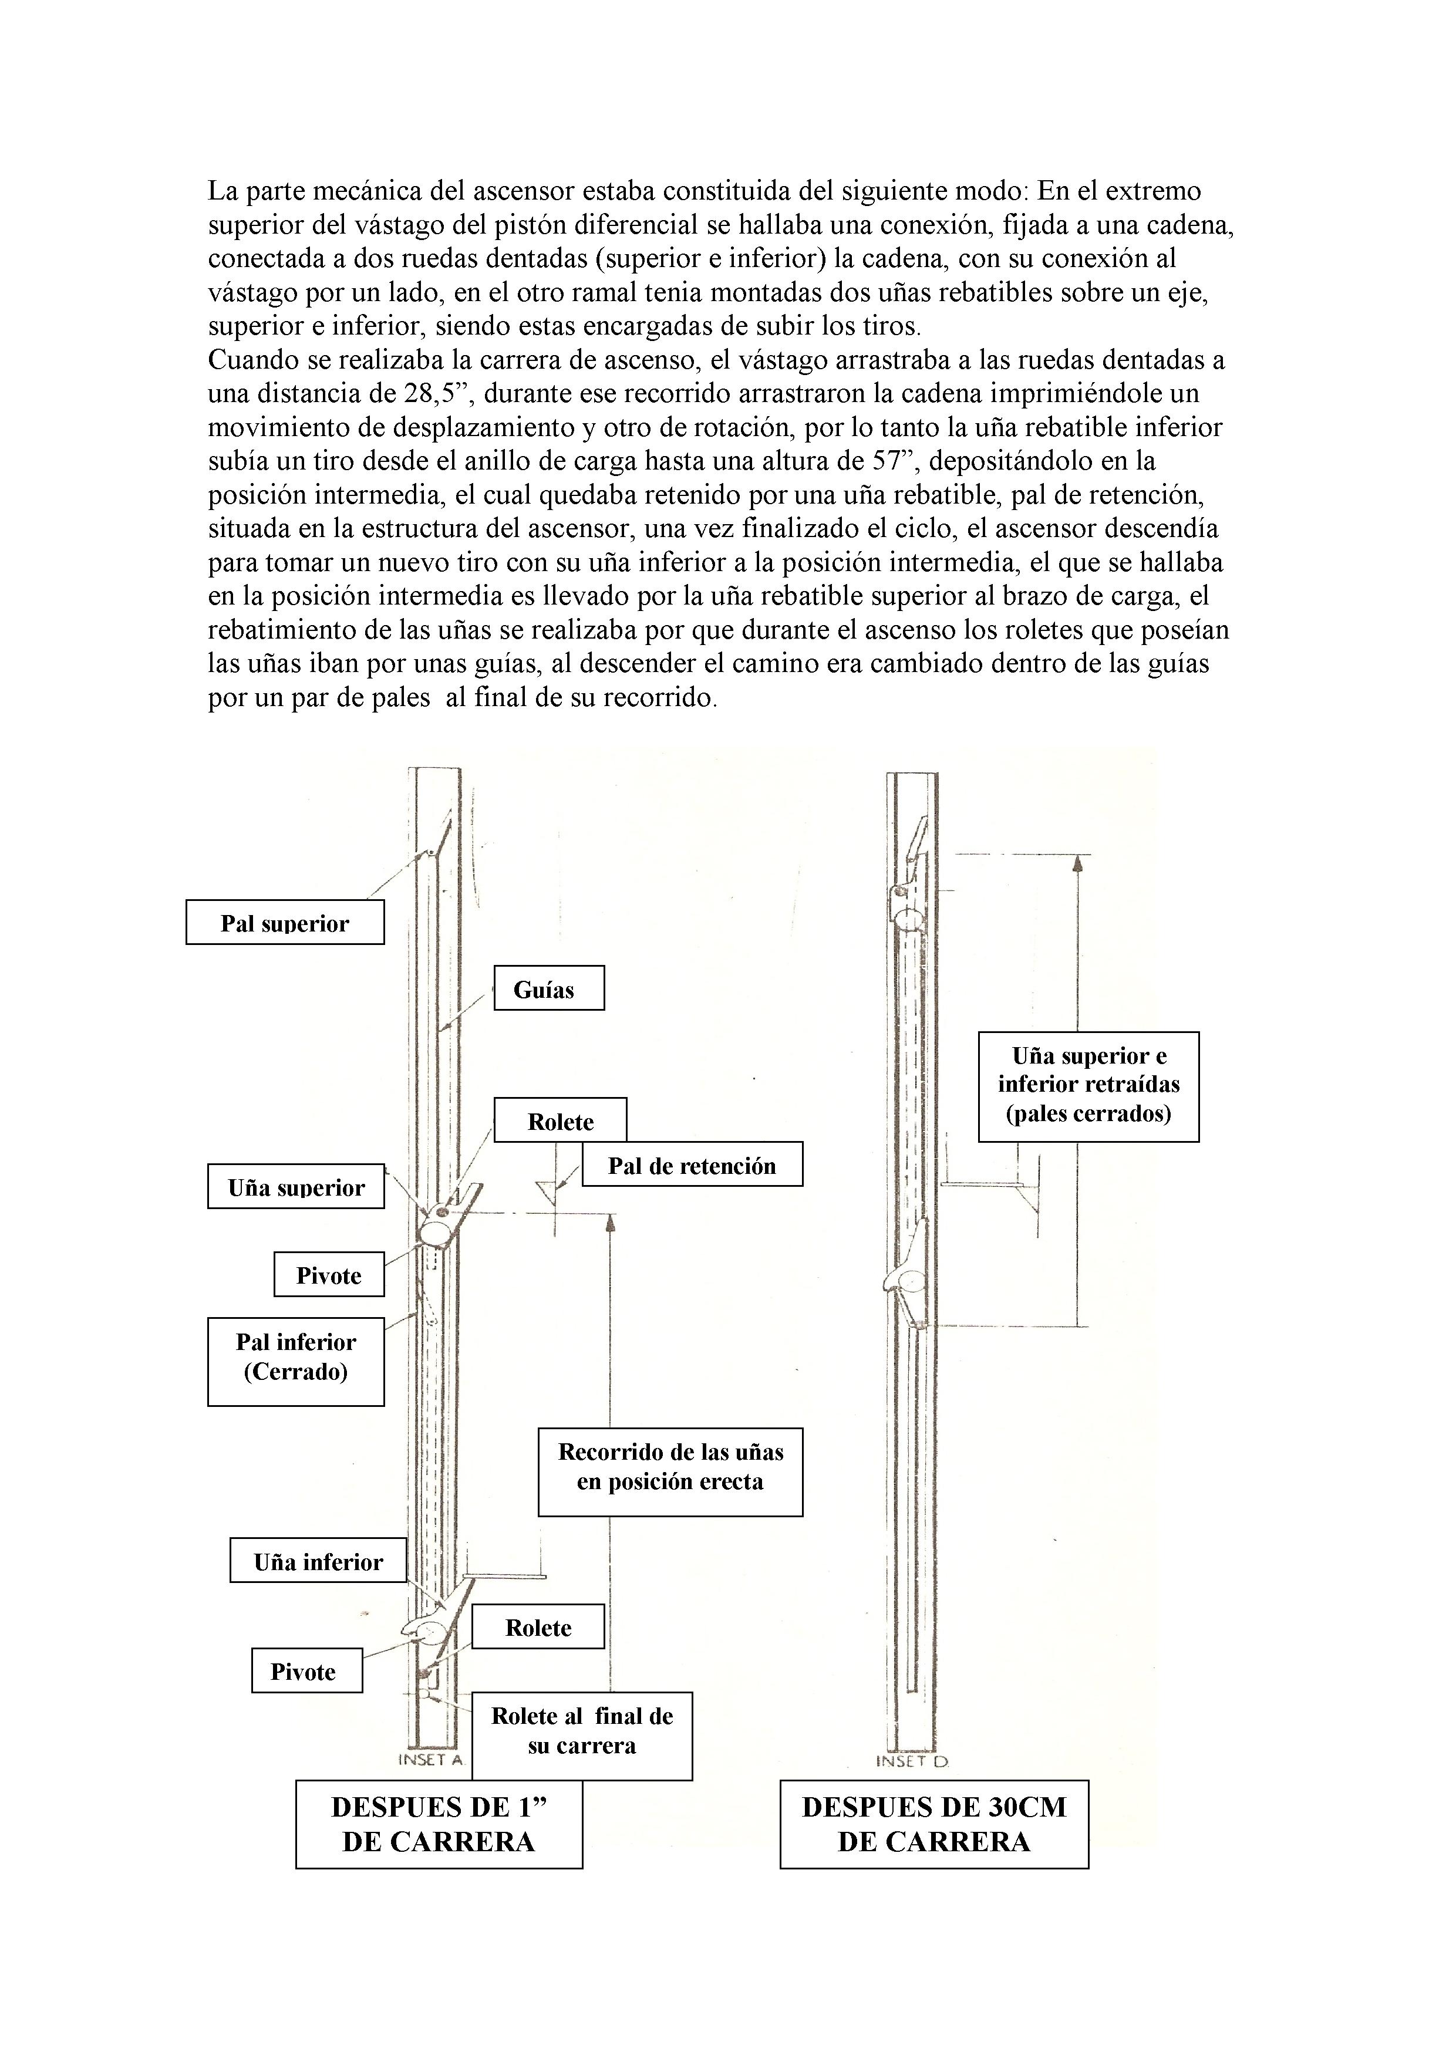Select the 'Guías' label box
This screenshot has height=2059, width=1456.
(x=548, y=988)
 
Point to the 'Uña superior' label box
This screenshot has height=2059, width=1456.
(x=296, y=1187)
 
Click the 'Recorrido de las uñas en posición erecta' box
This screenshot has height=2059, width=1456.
(x=670, y=1467)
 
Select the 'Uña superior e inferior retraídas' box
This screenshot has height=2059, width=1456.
(x=1088, y=1085)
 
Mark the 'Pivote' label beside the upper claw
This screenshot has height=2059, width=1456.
(x=329, y=1275)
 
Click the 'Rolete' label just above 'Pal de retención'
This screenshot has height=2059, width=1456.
(x=560, y=1121)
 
